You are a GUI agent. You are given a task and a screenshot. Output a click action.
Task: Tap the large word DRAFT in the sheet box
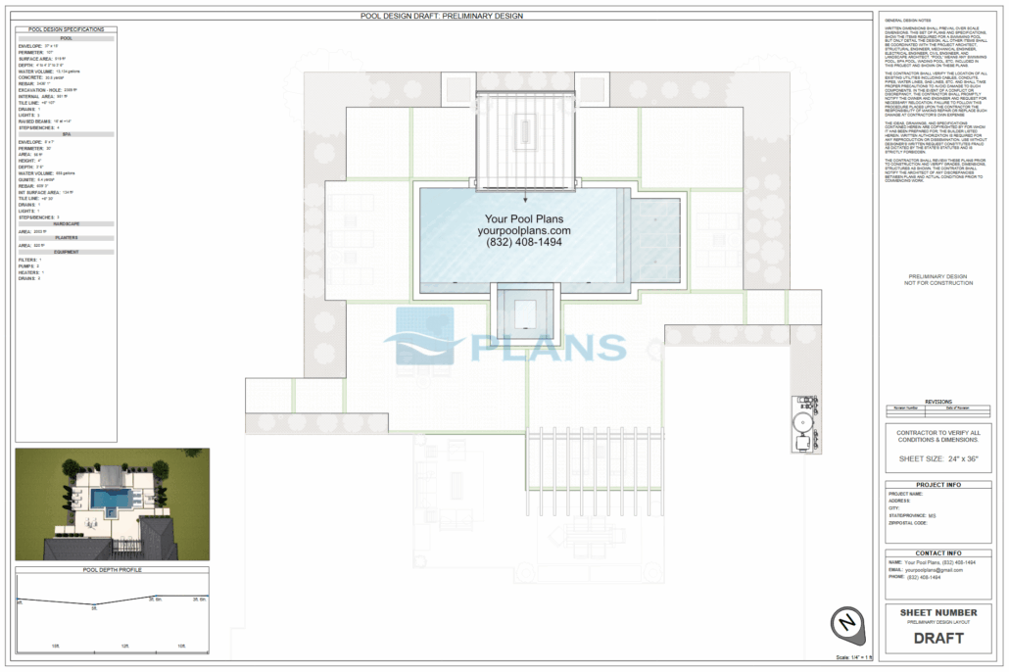937,639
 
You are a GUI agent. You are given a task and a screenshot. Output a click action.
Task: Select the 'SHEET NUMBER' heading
937,613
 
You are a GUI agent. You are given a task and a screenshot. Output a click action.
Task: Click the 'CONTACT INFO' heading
937,553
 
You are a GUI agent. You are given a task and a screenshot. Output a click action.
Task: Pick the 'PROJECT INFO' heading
937,485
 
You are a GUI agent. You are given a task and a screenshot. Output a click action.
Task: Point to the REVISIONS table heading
937,402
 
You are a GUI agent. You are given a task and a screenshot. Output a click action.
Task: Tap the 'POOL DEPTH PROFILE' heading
112,569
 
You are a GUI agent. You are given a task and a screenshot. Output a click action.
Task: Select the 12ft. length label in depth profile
125,647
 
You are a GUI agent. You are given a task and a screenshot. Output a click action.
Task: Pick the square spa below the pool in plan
524,312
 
